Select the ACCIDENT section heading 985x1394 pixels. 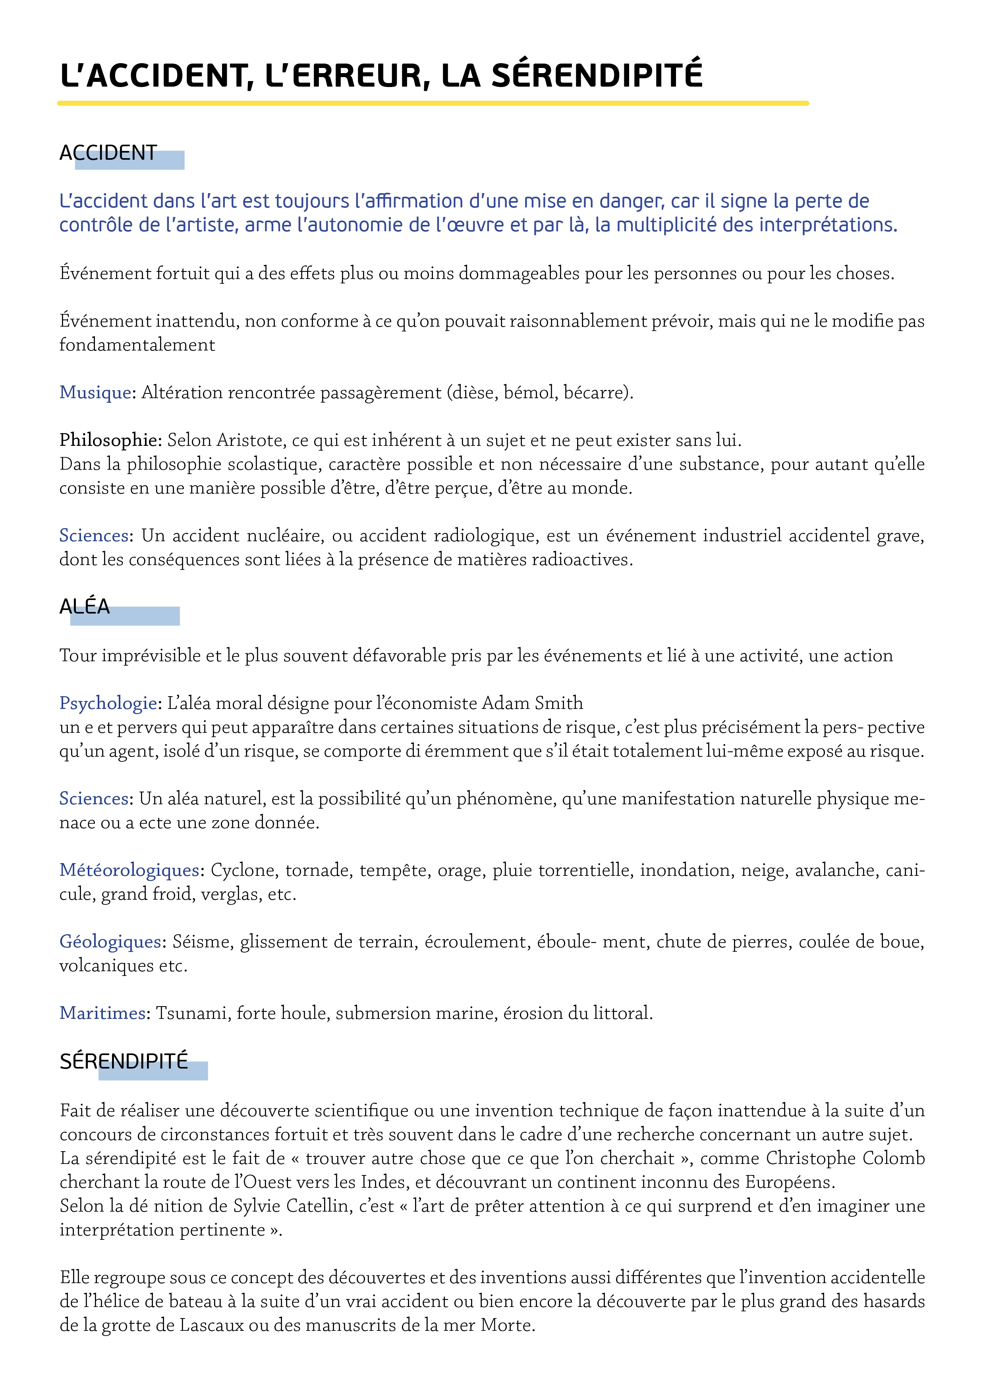(108, 153)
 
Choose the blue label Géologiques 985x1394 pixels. (110, 942)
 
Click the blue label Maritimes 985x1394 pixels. (102, 1013)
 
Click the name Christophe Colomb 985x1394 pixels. (845, 1158)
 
